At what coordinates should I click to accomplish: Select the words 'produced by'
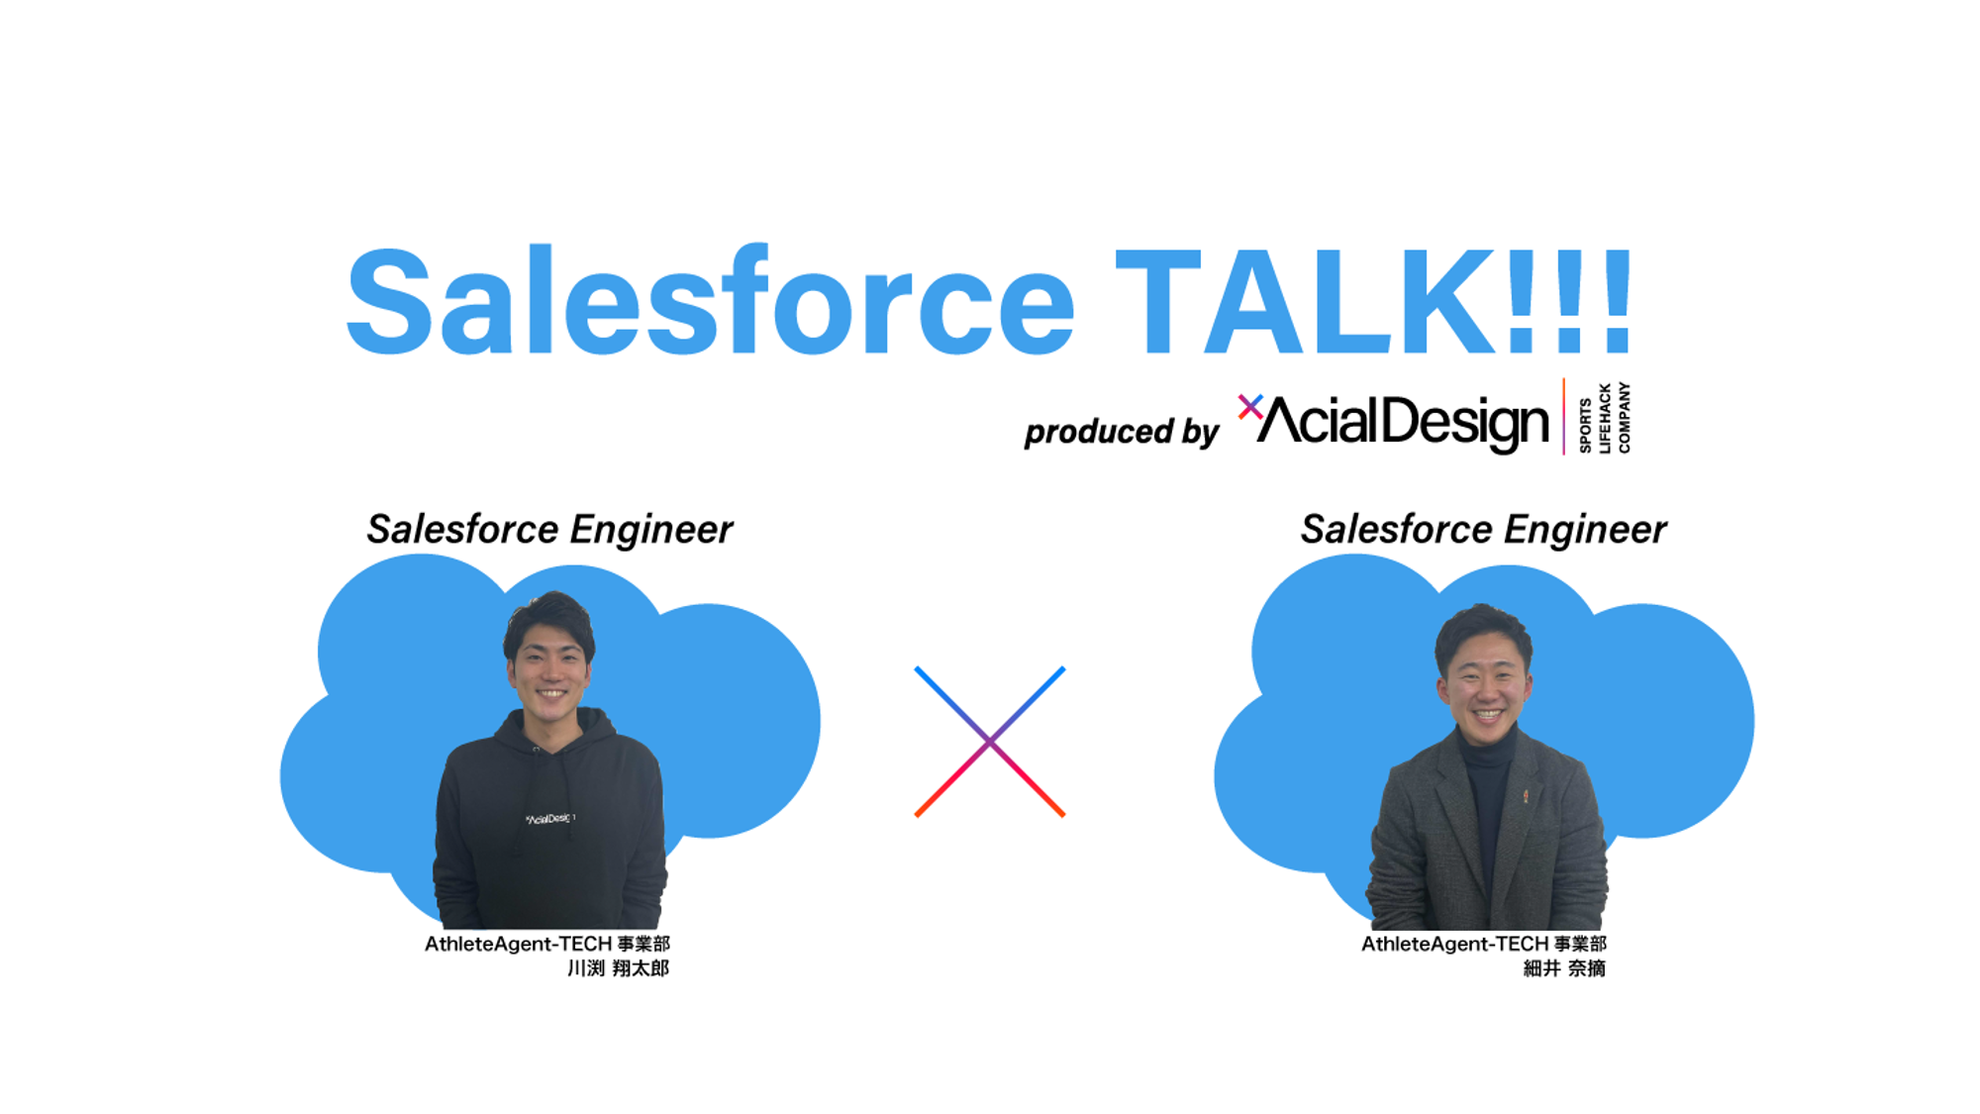(1121, 432)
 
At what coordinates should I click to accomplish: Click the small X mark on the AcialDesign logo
(1249, 406)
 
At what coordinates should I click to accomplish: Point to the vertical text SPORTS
(1585, 426)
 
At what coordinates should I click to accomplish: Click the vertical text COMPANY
(1624, 418)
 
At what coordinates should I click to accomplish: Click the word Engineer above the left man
(650, 530)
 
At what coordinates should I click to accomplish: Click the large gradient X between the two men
(989, 742)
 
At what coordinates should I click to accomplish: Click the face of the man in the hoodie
(550, 663)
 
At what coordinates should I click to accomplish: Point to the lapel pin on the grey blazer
(1526, 795)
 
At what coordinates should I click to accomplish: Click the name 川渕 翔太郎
(618, 968)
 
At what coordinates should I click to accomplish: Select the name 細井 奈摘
(1563, 968)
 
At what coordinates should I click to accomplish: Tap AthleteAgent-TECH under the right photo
(1454, 944)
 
